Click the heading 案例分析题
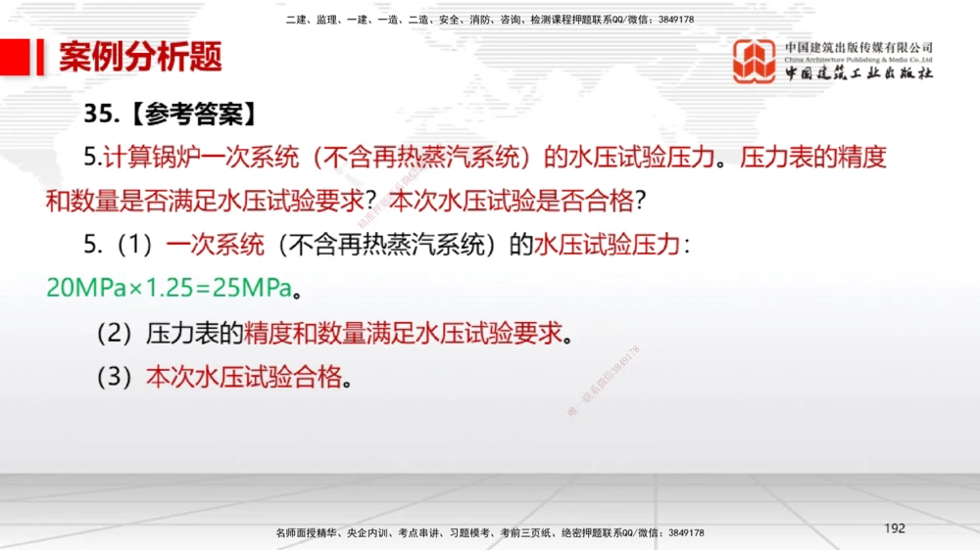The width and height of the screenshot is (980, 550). coord(140,57)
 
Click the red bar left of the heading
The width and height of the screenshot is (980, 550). coord(40,57)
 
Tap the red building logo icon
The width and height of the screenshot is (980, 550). coord(755,61)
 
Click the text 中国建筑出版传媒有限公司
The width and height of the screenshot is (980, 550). coord(858,47)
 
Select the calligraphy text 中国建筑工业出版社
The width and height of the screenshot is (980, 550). coord(858,73)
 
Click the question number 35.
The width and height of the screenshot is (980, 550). coord(101,114)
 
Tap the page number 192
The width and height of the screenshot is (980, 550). coord(894,528)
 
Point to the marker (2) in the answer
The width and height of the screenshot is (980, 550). coord(114,334)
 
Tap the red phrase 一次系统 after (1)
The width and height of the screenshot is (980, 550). coord(216,245)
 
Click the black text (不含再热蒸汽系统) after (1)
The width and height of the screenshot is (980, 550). coord(386,245)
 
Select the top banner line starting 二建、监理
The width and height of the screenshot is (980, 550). coord(490,20)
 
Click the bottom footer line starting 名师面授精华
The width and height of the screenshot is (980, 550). coord(490,533)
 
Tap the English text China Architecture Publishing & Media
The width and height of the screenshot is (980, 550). coord(858,60)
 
